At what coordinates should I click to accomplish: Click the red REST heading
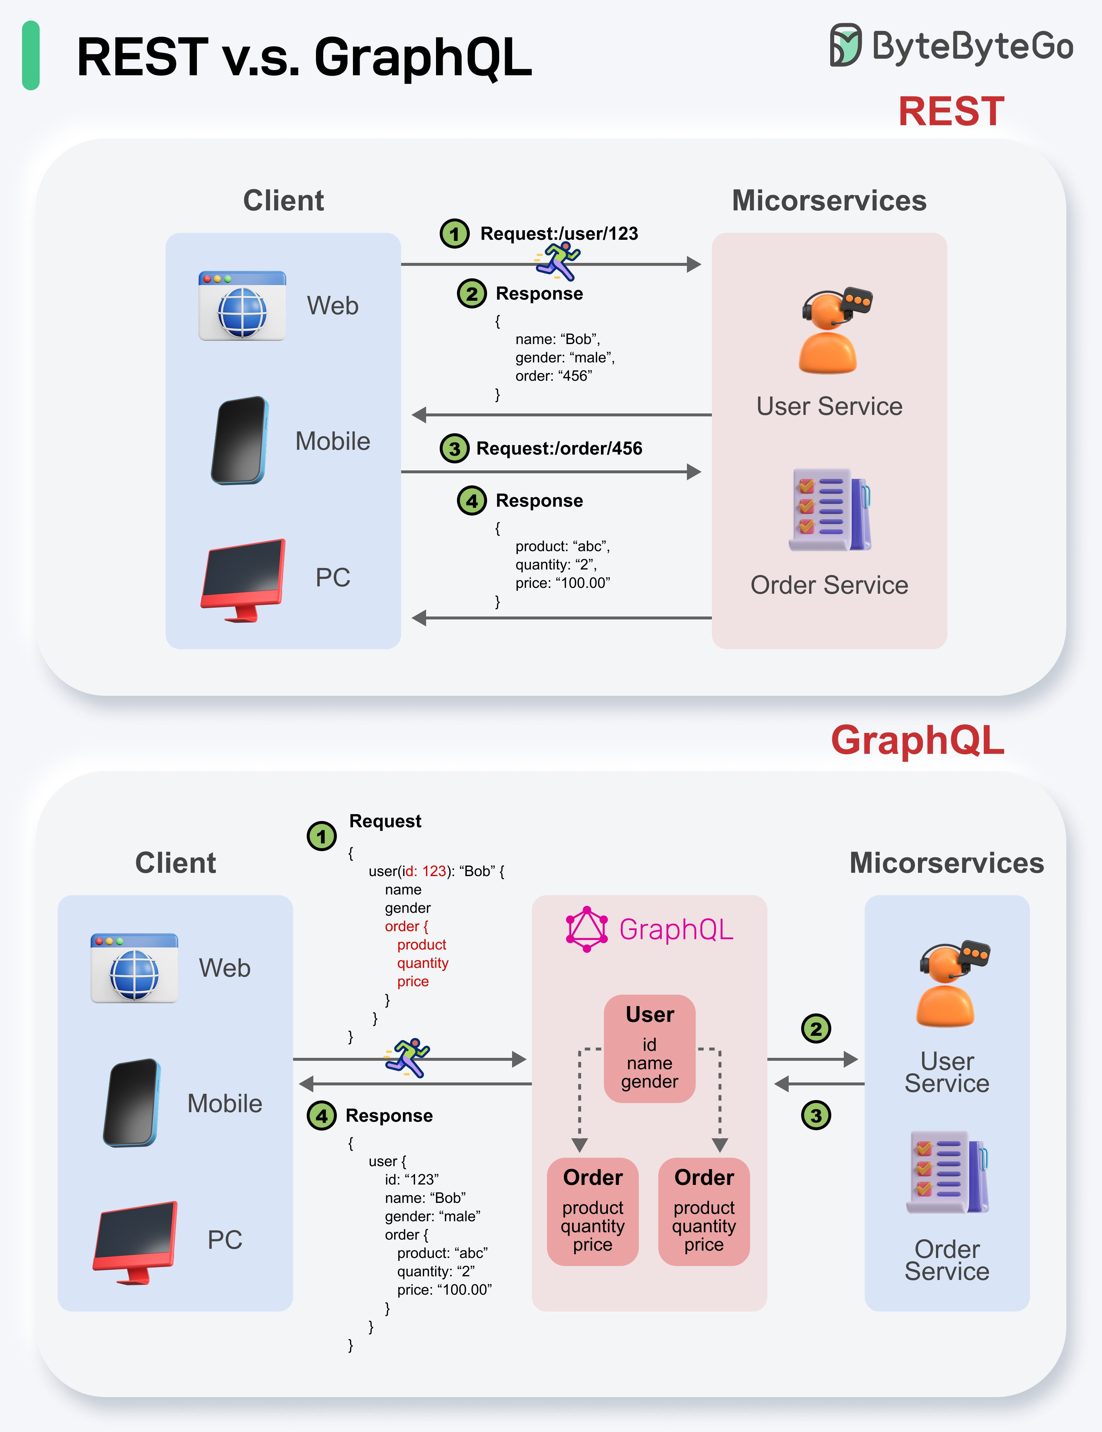(951, 112)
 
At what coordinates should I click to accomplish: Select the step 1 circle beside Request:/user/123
(454, 234)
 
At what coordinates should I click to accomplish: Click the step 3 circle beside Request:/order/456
(454, 448)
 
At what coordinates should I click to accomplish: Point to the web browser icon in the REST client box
(242, 305)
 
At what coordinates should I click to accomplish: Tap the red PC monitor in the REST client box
(243, 579)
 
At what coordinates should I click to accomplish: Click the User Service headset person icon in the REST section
(832, 331)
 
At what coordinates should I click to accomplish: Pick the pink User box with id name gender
(649, 1048)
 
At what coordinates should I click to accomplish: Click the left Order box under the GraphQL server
(592, 1211)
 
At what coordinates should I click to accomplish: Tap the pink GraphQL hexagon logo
(586, 929)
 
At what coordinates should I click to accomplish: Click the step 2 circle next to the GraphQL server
(816, 1029)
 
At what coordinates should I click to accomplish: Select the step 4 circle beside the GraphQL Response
(321, 1115)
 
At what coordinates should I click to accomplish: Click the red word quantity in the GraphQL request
(422, 963)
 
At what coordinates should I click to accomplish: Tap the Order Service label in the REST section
(829, 585)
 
